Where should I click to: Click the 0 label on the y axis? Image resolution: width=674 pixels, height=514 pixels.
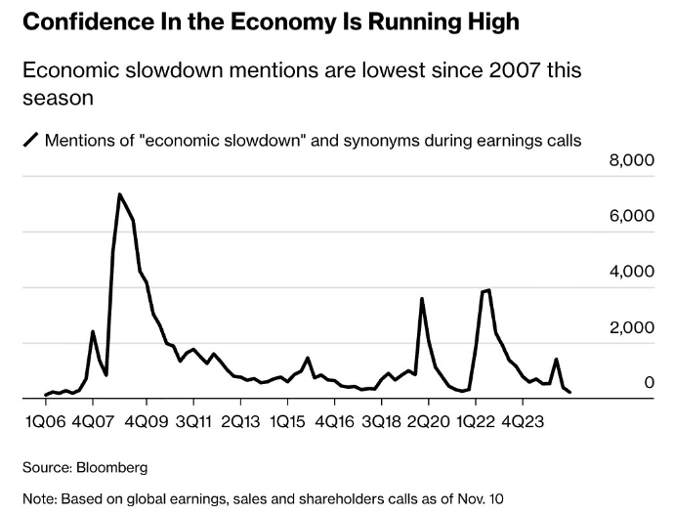coord(648,383)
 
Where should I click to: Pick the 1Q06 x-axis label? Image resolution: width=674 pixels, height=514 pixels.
coord(46,422)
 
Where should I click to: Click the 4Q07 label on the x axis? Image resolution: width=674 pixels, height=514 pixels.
coord(92,422)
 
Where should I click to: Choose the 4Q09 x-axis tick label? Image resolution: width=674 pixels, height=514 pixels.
coord(147,422)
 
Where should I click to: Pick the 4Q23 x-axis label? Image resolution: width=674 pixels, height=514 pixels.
coord(526,422)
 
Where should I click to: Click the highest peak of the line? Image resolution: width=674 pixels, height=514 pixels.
coord(119,194)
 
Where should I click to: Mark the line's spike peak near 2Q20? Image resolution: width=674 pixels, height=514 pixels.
coord(421,299)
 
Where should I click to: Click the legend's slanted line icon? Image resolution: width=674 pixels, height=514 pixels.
coord(30,141)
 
